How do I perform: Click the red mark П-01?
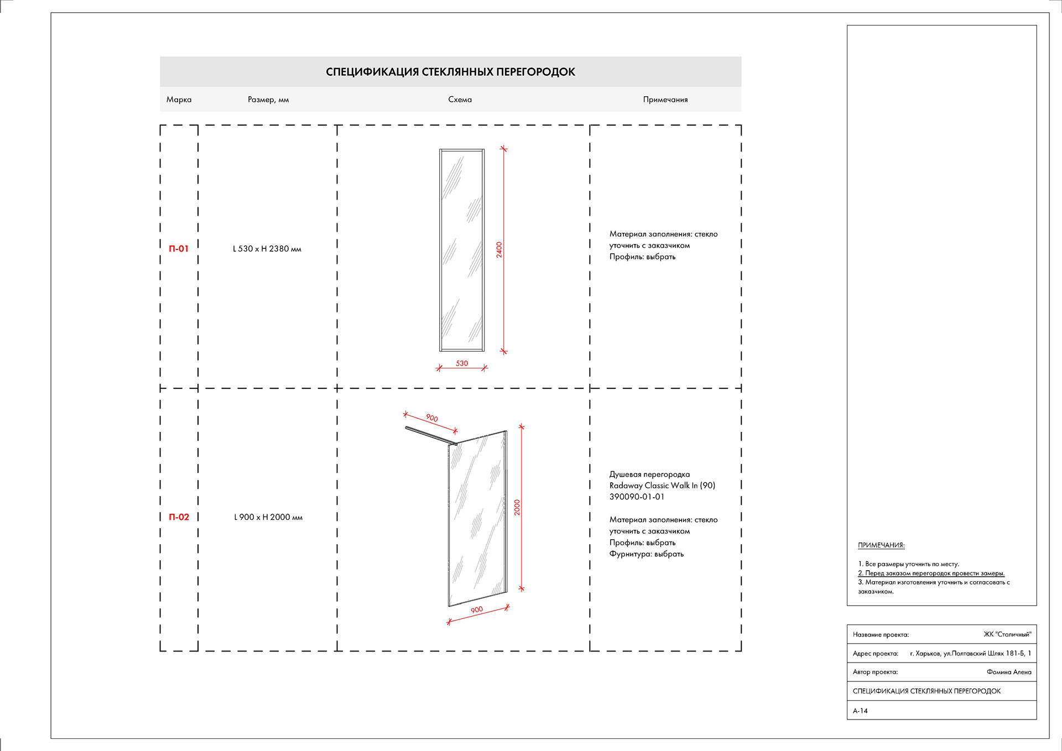click(x=179, y=249)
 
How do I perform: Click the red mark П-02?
click(x=179, y=517)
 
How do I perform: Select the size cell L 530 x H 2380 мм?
click(x=267, y=249)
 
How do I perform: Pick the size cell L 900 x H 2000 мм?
click(x=268, y=517)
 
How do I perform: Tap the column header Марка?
click(x=179, y=100)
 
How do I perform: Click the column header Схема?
click(x=460, y=100)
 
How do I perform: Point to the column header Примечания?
click(x=665, y=100)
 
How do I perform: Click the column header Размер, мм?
click(x=268, y=100)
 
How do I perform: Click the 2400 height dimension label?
click(x=499, y=249)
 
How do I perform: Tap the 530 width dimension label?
click(x=462, y=363)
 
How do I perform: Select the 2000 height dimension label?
click(x=517, y=507)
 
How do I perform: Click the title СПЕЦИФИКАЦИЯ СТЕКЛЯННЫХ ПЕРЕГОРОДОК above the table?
click(x=450, y=72)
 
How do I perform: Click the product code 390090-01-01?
click(x=637, y=497)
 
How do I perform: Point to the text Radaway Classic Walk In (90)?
click(x=662, y=486)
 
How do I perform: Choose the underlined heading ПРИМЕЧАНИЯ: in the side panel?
click(x=881, y=545)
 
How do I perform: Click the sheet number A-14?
click(x=860, y=711)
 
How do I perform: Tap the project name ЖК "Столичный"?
click(x=1007, y=634)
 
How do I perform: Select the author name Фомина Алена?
click(x=1009, y=672)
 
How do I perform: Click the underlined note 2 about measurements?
click(x=931, y=573)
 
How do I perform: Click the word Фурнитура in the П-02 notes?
click(x=629, y=554)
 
